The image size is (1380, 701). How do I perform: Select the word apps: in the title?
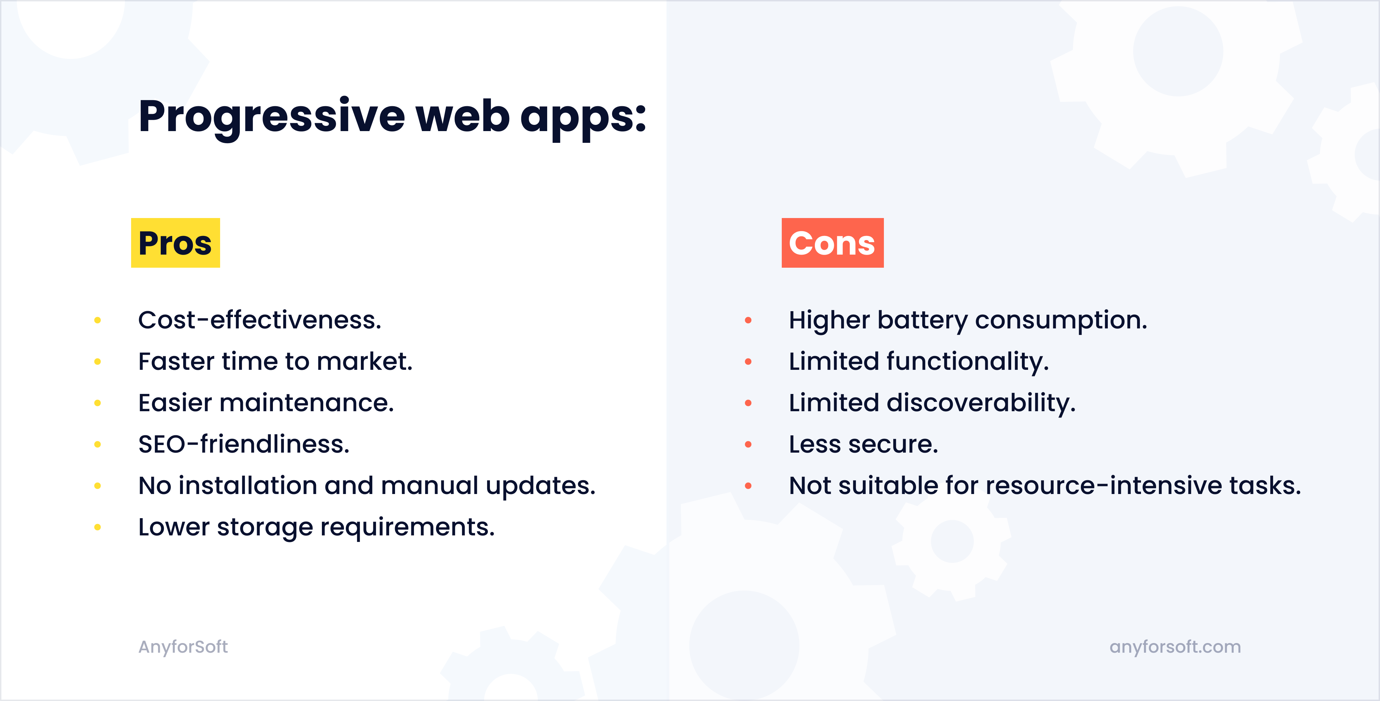(583, 117)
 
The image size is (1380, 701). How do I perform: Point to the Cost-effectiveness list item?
(259, 320)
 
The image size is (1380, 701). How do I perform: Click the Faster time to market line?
(275, 362)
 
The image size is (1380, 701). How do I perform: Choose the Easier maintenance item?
(266, 403)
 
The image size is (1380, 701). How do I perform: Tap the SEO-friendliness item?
(244, 444)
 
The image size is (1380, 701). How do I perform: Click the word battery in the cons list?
(922, 320)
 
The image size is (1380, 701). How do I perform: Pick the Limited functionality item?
(918, 362)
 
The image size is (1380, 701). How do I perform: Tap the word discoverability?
(980, 403)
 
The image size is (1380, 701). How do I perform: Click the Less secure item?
(863, 444)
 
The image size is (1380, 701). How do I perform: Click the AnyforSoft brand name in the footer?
(183, 647)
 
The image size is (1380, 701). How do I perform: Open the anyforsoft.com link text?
(1175, 647)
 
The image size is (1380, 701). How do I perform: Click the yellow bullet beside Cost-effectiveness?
(98, 320)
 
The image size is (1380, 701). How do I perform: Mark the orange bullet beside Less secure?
(748, 444)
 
